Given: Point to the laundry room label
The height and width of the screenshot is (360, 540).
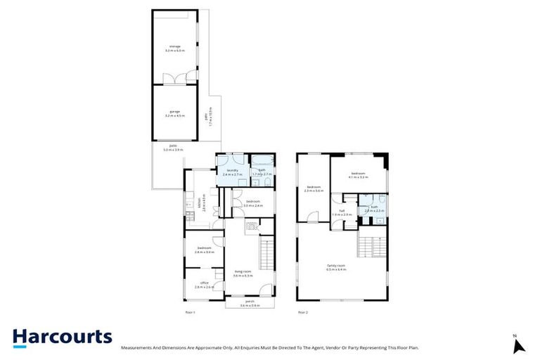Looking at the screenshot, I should click(232, 172).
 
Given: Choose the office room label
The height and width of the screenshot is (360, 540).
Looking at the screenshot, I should click(205, 285).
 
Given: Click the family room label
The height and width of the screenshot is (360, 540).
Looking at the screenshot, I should click(336, 267).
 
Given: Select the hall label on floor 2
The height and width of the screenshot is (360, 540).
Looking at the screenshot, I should click(342, 212).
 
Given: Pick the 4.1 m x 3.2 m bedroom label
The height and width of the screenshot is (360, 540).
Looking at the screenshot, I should click(358, 175).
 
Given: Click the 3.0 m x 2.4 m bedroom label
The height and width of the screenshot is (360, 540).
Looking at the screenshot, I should click(253, 204).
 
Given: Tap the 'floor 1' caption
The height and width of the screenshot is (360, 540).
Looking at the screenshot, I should click(189, 311).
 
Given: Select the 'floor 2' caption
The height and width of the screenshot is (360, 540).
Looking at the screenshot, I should click(303, 311).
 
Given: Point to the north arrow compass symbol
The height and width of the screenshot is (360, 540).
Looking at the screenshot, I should click(518, 345).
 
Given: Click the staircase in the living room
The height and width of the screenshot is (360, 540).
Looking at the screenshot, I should click(266, 252).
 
